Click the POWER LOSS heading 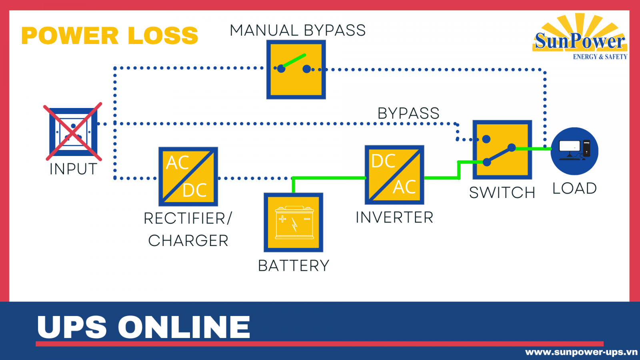click(110, 36)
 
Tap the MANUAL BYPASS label click(298, 30)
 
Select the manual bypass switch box click(296, 70)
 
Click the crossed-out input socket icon click(73, 132)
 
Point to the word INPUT click(73, 169)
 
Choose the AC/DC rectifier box click(188, 176)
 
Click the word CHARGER click(188, 240)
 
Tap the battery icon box click(294, 222)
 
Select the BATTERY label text click(294, 266)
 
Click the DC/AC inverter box click(394, 175)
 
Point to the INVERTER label click(394, 217)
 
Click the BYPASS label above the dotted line click(408, 113)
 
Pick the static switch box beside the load click(502, 150)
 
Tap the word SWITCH click(502, 192)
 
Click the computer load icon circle click(574, 151)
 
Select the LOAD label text click(574, 188)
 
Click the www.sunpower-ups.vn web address click(581, 352)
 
